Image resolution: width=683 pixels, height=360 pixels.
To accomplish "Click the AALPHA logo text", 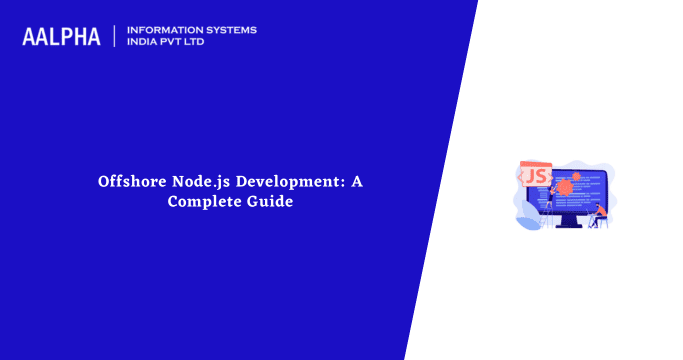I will (x=61, y=37).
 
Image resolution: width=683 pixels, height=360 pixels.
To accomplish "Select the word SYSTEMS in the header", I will (x=229, y=30).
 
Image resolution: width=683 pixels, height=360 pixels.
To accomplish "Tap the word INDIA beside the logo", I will (x=143, y=43).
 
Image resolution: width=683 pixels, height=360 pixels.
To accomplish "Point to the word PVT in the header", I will (x=177, y=43).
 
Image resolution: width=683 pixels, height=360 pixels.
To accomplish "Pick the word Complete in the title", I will (x=202, y=201).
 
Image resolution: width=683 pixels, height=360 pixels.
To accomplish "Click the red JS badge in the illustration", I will (x=535, y=176).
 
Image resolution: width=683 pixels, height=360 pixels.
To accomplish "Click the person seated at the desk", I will (x=596, y=212).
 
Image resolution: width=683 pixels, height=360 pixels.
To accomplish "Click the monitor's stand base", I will (x=566, y=225).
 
